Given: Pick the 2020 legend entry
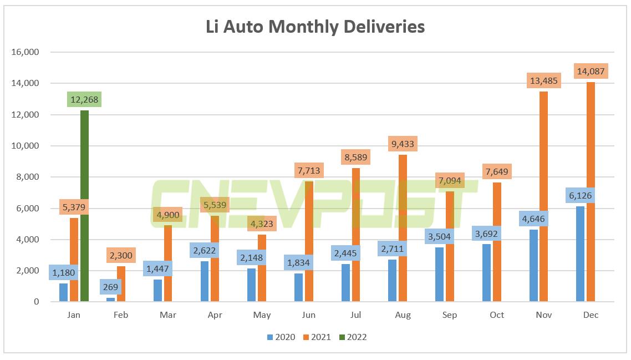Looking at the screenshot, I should click(281, 337).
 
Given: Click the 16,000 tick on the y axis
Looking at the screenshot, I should click(24, 52).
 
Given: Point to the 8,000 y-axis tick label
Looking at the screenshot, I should click(26, 177).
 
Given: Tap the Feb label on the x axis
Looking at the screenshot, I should click(120, 315).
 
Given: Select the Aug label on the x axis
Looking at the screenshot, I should click(403, 315).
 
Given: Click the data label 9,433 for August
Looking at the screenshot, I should click(403, 144).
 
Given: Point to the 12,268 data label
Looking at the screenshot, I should click(84, 100).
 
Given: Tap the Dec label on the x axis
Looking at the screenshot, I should click(591, 315).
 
